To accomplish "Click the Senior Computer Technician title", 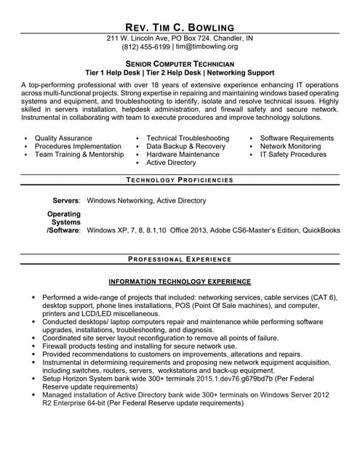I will coord(180,64).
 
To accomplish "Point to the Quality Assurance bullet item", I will coord(63,138).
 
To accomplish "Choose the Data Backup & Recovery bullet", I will coord(186,146).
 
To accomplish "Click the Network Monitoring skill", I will coord(290,146).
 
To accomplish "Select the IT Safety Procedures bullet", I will coord(293,155).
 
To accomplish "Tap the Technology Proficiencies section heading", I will coord(180,180).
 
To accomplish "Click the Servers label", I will coord(66,201).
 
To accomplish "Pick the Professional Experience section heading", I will coord(180,259).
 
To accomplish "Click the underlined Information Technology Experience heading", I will coord(180,281).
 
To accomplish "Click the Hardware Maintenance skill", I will coord(183,155).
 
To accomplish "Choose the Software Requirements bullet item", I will coord(297,138).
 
